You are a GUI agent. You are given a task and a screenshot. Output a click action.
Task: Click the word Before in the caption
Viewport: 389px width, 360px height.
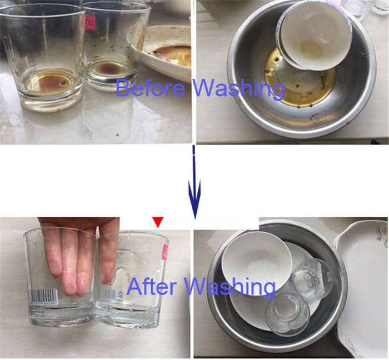[151, 88]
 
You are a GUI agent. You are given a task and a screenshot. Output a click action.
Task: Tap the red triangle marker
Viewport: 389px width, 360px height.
[158, 222]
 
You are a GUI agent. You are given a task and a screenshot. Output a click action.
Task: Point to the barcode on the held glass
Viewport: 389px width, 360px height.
[44, 296]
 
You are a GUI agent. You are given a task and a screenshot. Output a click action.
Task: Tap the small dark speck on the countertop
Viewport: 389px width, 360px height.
[117, 135]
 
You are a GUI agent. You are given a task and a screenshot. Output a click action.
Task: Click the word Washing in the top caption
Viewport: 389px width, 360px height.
[238, 90]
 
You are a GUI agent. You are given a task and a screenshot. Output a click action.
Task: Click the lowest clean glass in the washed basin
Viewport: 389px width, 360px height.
[288, 315]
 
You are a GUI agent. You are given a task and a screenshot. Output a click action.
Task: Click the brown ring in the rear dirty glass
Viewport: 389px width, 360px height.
[110, 67]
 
